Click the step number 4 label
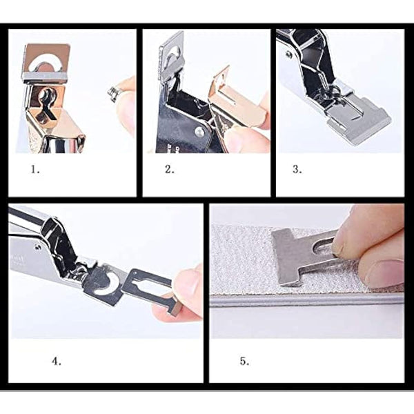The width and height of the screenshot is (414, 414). click(x=56, y=360)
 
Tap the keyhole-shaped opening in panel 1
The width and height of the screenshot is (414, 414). click(x=49, y=100)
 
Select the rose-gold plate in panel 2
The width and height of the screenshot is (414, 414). click(x=238, y=100)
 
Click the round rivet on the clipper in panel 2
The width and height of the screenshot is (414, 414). click(x=199, y=130)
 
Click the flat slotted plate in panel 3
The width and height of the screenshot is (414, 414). click(x=356, y=114)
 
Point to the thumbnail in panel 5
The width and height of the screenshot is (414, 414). click(x=387, y=273)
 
